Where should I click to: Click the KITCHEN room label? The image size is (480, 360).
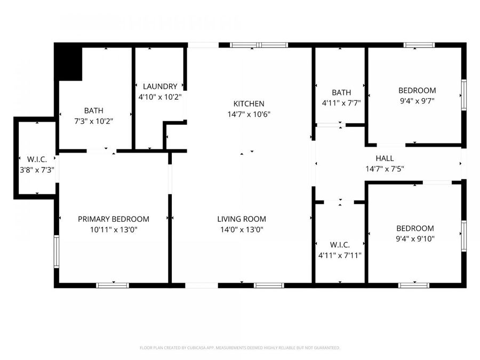[249, 103]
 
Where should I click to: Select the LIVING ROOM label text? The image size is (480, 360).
[241, 219]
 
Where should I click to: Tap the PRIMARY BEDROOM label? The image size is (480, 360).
[114, 219]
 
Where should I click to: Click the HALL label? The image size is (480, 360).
[385, 158]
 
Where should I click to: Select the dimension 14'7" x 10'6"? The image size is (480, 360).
[249, 114]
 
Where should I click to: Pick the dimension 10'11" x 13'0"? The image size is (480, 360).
[114, 229]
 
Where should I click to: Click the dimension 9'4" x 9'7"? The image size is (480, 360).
[417, 101]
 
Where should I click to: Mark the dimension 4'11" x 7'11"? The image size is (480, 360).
[340, 255]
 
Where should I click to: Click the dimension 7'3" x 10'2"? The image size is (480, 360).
[93, 121]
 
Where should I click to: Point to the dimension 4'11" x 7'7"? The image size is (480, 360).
[341, 103]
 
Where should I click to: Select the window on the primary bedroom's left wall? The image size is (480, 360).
[56, 251]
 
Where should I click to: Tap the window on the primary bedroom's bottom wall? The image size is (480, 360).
[113, 285]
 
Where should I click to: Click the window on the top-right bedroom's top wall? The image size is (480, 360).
[419, 45]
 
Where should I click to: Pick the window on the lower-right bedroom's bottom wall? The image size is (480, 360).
[414, 285]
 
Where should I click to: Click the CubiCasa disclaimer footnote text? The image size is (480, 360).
[239, 348]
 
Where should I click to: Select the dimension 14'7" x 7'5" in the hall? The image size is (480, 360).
[385, 169]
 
